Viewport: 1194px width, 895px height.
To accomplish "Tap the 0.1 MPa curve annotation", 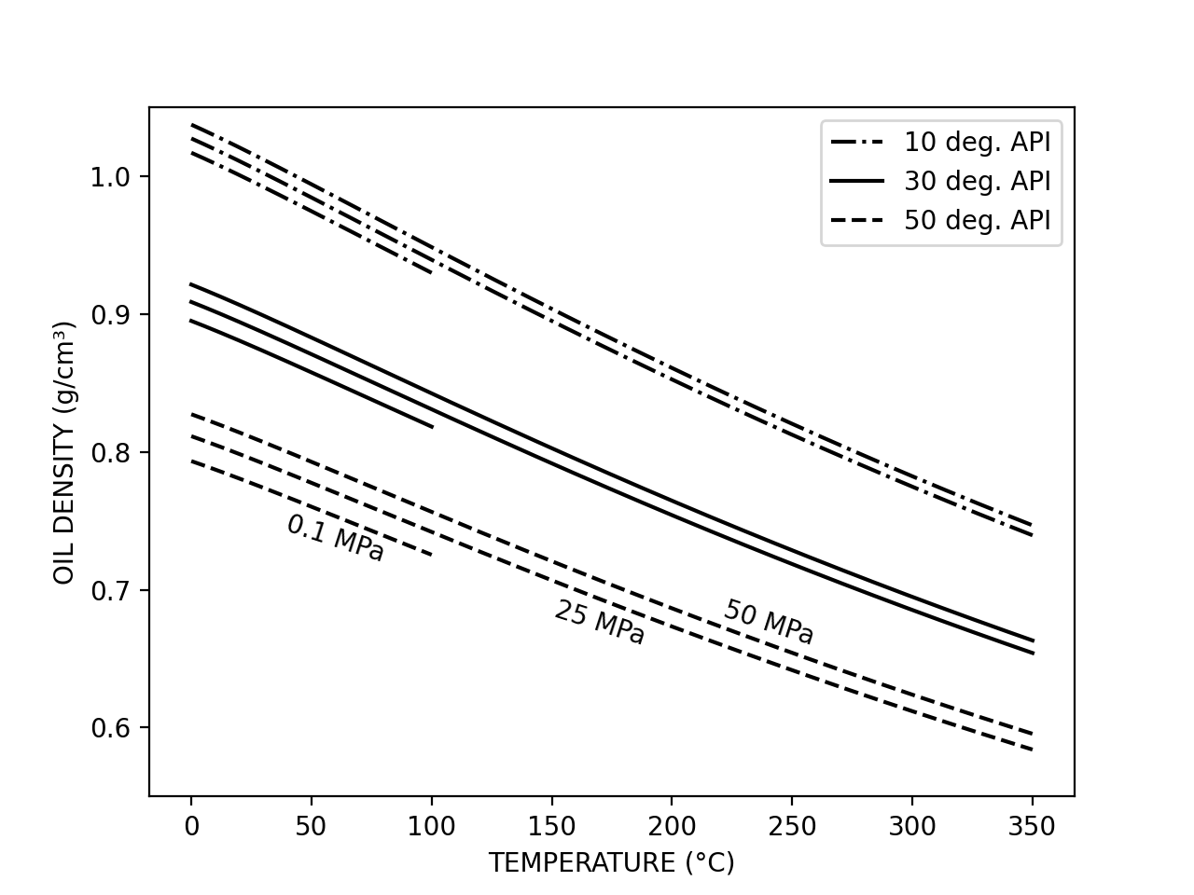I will pos(335,539).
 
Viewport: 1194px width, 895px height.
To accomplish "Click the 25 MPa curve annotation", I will pos(600,624).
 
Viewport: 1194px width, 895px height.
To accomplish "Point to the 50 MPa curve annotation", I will pos(769,622).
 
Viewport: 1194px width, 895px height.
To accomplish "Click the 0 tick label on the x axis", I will pos(191,827).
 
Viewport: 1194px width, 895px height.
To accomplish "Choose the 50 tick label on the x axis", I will pos(311,827).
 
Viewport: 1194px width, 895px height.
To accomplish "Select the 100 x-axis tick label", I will pos(431,827).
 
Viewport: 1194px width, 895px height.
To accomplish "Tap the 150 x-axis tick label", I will pos(551,827).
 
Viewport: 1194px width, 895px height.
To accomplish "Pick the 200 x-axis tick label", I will pos(672,827).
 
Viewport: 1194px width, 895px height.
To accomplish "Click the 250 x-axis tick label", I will pos(792,827).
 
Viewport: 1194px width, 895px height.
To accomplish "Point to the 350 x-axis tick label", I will pos(1033,827).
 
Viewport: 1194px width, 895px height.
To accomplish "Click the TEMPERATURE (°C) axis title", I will pos(611,863).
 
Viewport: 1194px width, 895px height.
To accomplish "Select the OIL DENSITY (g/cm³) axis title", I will pos(63,452).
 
